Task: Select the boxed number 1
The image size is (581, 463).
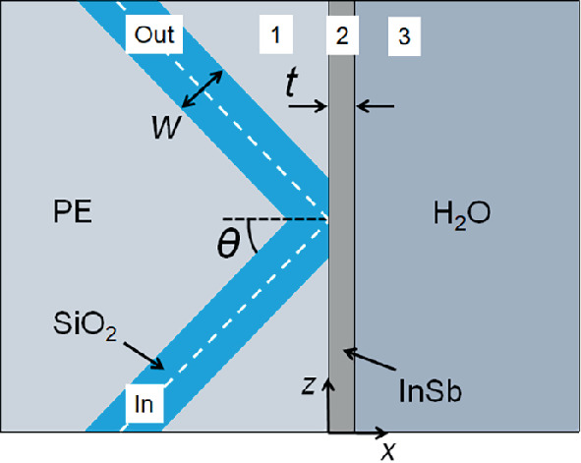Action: coord(276,35)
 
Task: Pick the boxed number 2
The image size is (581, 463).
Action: coord(341,36)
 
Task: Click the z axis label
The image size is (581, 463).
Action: coord(309,386)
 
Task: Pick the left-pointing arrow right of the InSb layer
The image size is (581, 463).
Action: coord(376,104)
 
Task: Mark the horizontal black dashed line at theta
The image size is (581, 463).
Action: coord(275,218)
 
